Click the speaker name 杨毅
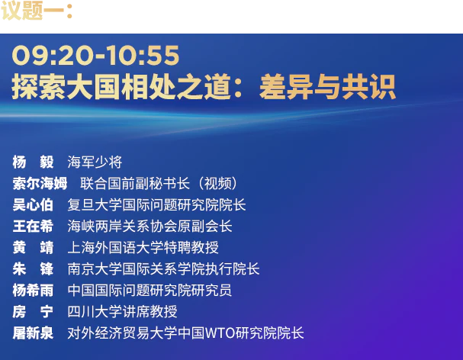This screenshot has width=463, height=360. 33,162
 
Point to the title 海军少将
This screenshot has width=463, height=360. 95,162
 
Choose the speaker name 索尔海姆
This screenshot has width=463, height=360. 40,183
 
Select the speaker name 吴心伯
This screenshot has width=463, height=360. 33,204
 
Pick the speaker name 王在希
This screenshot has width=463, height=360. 33,226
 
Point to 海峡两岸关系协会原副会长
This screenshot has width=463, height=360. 150,226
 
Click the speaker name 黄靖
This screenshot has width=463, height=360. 33,247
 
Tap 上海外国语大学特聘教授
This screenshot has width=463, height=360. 143,247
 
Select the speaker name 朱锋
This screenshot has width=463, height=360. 33,268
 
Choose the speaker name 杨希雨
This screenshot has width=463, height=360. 33,290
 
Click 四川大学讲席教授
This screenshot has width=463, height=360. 122,311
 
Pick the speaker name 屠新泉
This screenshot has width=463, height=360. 33,333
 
